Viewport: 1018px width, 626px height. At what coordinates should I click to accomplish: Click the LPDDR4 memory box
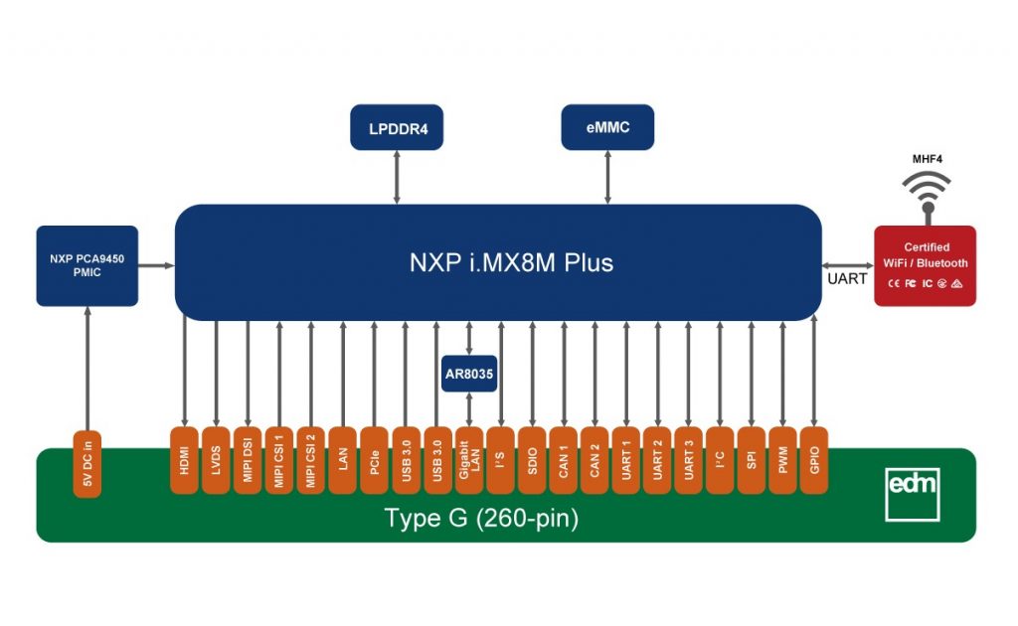coord(397,127)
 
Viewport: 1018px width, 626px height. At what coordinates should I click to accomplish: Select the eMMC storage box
coord(607,127)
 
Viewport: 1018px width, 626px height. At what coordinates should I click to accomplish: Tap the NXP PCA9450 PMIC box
coord(86,265)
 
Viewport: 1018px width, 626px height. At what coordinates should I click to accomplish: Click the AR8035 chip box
coord(468,375)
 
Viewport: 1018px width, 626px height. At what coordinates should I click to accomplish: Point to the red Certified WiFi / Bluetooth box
coord(925,265)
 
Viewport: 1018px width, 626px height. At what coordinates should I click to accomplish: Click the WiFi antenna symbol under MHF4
coord(927,195)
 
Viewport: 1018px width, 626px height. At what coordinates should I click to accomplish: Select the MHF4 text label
coord(927,158)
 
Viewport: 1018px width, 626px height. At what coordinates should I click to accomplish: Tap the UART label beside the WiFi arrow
coord(847,279)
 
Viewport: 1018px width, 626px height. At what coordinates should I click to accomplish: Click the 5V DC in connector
coord(87,464)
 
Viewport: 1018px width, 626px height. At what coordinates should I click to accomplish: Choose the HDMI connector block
coord(184,460)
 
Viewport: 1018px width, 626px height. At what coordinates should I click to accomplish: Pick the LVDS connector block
coord(216,460)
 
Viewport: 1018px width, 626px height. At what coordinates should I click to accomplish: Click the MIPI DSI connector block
coord(248,460)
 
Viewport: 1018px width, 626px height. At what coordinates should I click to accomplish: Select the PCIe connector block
coord(374,460)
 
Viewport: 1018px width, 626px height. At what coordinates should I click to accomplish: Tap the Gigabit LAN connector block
coord(469,460)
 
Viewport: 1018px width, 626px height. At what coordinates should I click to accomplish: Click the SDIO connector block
coord(533,460)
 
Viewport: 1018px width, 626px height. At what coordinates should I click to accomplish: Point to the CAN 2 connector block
coord(595,460)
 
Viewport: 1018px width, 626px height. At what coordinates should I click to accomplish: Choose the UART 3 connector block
coord(687,460)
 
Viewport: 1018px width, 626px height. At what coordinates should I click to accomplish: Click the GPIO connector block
coord(814,460)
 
